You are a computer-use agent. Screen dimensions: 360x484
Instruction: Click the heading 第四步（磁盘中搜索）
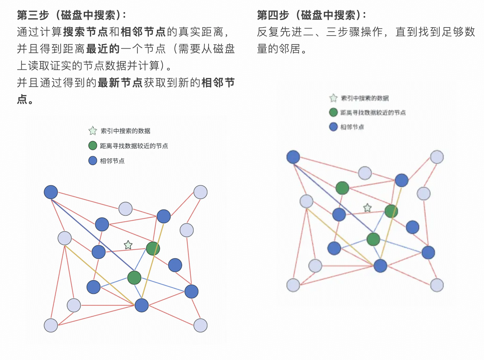311,15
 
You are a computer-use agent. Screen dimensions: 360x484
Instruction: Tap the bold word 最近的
103,49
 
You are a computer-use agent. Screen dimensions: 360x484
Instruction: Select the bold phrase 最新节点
120,83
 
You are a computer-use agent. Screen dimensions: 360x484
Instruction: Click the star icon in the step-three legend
93,131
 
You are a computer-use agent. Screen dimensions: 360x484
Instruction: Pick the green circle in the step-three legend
93,146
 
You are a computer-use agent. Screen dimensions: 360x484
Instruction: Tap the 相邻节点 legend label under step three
112,161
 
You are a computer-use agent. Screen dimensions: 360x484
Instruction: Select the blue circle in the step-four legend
333,127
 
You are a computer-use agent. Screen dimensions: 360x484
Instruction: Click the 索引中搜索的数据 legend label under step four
365,98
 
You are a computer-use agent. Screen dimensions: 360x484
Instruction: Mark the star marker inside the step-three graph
128,245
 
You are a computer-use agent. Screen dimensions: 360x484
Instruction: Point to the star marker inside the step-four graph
367,208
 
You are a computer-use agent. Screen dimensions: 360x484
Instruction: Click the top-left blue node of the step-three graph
51,192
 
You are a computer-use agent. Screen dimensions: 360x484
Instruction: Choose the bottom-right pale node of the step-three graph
200,325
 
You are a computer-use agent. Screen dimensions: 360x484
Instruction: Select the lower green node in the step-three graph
134,278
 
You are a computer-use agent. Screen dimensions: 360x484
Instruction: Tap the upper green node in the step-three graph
153,248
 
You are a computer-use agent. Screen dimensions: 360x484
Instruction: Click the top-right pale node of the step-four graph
437,157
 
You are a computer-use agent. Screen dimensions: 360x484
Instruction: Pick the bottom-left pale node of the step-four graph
293,285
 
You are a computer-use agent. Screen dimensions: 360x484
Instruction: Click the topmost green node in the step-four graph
342,188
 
